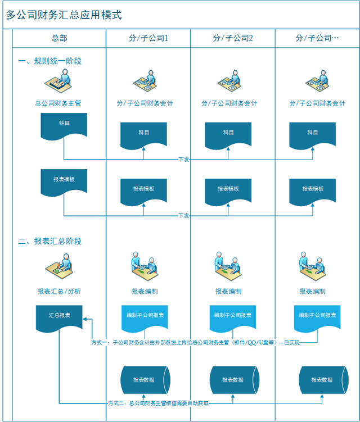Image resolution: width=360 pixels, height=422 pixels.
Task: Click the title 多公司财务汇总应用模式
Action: (x=64, y=15)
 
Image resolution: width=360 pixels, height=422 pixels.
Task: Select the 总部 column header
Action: (x=59, y=38)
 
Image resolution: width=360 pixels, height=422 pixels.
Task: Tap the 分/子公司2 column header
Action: (x=233, y=38)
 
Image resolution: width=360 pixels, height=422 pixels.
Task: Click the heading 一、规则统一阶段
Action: (x=50, y=61)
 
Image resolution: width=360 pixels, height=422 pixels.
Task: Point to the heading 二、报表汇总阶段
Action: (x=50, y=241)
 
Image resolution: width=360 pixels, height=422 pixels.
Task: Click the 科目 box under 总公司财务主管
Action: (x=64, y=124)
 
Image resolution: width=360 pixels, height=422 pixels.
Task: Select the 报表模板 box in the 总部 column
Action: (x=64, y=180)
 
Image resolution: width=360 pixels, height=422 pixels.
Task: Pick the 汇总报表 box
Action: (x=60, y=316)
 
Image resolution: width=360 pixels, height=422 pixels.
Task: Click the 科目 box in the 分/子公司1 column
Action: (x=144, y=134)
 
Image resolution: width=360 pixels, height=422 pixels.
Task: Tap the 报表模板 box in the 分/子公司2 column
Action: (x=228, y=190)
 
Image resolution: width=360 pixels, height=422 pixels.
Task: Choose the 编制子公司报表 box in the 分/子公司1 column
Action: (x=144, y=316)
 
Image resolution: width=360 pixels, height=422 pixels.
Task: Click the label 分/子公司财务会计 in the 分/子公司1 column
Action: (x=145, y=103)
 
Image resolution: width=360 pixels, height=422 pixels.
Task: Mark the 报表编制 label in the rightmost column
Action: (x=313, y=291)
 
